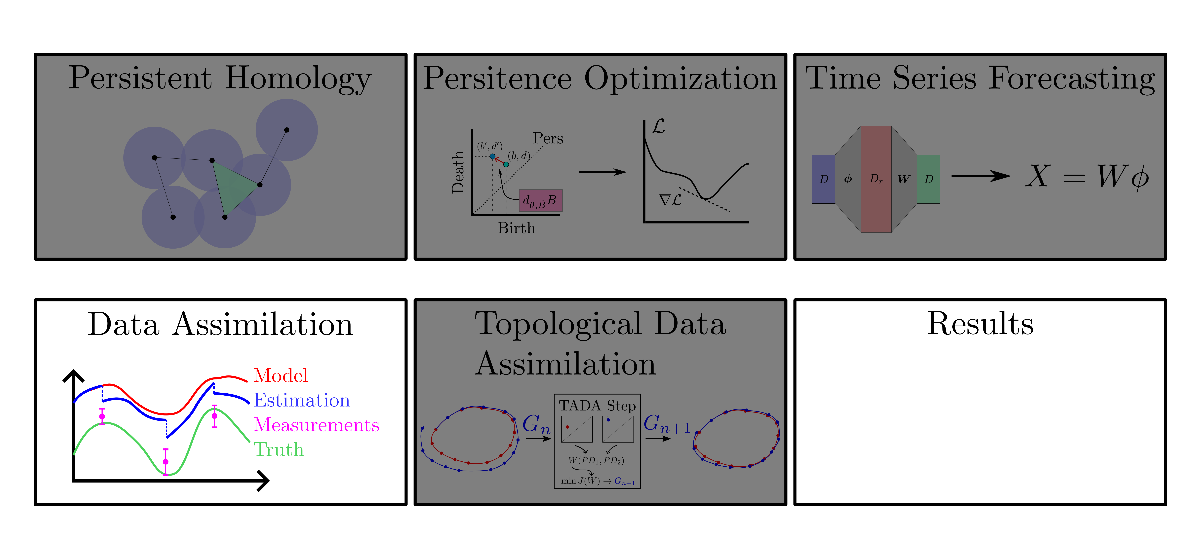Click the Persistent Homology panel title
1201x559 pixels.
point(220,78)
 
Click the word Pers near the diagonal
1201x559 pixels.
point(548,139)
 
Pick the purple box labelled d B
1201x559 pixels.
point(540,200)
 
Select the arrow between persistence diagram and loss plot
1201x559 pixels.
point(602,172)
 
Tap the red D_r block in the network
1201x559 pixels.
point(876,179)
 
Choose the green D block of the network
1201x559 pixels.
point(928,179)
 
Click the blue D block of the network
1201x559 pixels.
point(823,179)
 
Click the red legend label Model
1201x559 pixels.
point(281,375)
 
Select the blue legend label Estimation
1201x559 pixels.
point(302,400)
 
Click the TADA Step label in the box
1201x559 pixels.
point(597,406)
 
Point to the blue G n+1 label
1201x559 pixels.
point(667,424)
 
